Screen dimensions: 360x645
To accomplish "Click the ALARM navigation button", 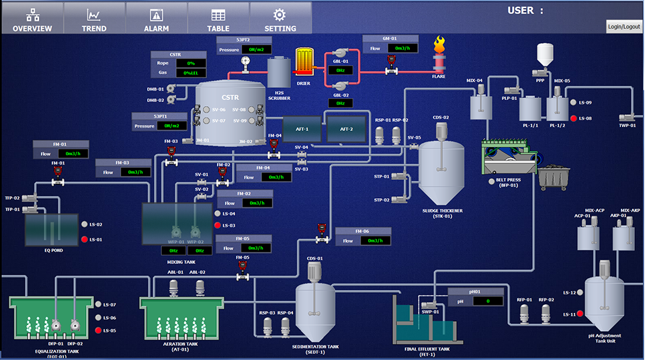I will (156, 18).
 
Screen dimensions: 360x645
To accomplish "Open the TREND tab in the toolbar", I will (94, 18).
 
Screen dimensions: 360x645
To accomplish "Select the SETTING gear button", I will (280, 18).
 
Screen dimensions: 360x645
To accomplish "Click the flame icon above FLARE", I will (439, 46).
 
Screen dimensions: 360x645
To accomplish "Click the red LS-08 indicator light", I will (572, 119).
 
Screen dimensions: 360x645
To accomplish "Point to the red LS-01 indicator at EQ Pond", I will (84, 239).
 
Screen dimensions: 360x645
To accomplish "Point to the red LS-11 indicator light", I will (572, 314).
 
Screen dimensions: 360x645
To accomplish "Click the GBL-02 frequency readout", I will (341, 103).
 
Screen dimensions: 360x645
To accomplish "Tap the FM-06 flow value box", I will (374, 240).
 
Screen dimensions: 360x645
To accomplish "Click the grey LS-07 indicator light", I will (97, 305).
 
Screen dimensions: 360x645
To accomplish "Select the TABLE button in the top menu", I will (218, 18).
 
